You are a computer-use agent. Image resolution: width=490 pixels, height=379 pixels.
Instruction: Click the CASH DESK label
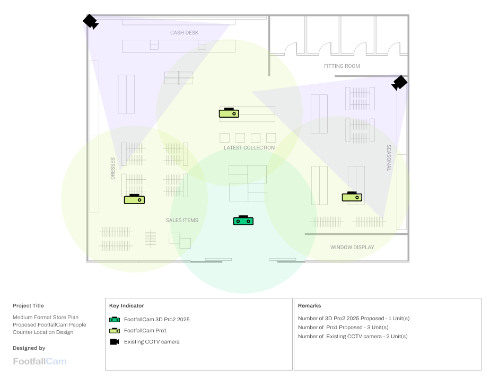point(184,33)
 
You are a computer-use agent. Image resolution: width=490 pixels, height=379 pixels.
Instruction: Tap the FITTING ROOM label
point(342,66)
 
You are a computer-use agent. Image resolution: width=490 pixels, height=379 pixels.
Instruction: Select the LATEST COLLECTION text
point(249,148)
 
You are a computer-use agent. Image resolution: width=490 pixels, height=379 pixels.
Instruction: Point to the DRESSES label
point(112,169)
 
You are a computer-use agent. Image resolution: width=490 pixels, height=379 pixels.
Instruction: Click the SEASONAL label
point(389,158)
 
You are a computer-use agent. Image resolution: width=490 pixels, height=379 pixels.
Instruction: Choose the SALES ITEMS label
point(182,221)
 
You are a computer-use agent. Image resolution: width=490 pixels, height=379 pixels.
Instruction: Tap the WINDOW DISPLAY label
point(352,248)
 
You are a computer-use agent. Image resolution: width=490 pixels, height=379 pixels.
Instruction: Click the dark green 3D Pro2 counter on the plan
point(243,220)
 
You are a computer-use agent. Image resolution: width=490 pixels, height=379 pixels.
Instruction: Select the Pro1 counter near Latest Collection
point(229,112)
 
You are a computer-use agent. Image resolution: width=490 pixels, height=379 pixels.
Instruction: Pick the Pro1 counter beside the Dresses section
point(134,199)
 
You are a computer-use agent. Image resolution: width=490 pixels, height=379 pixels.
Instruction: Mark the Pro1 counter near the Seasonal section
point(352,196)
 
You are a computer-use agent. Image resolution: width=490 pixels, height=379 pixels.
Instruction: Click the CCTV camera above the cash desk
point(91,22)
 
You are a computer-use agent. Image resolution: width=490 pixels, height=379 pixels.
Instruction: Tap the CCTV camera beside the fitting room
point(399,83)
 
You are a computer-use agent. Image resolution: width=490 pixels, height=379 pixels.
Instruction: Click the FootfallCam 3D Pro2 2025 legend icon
point(115,320)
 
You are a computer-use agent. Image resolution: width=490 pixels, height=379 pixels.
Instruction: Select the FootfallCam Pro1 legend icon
point(115,331)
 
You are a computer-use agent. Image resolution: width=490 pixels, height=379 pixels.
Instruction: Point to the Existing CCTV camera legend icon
point(115,342)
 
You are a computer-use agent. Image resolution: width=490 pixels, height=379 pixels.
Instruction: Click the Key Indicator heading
point(126,306)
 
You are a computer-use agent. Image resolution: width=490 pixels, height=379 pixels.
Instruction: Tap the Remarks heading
point(309,306)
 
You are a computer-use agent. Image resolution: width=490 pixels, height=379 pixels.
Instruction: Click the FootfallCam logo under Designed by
point(40,362)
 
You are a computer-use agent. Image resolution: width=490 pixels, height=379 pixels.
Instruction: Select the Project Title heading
point(28,306)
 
